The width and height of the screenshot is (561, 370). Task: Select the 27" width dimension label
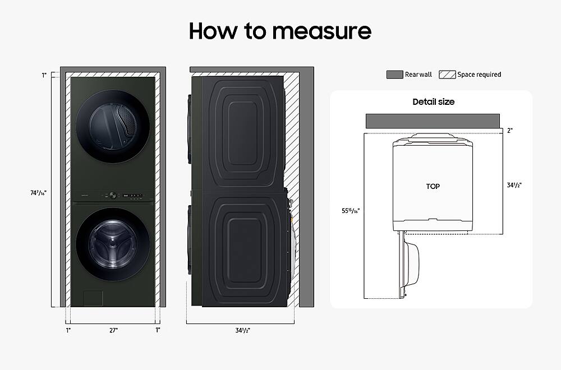113,330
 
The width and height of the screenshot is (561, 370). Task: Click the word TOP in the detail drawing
433,186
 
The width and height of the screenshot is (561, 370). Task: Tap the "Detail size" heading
433,102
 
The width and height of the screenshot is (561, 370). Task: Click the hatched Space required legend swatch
447,75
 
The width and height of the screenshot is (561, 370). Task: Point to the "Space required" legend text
479,75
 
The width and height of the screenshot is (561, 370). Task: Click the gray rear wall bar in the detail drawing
433,121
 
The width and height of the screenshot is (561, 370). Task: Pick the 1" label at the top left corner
44,75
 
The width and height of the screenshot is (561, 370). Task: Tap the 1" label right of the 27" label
158,330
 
